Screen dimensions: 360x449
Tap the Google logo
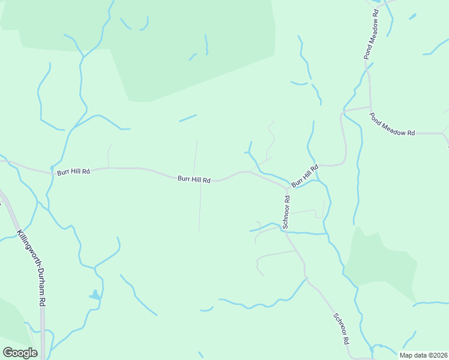coord(20,353)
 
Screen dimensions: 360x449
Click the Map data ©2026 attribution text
coord(424,355)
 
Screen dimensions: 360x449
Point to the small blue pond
coord(94,295)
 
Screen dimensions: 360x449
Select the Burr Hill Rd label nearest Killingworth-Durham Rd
coord(73,172)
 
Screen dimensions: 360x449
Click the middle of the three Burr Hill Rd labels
coord(194,179)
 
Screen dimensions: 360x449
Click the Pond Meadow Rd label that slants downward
coord(393,125)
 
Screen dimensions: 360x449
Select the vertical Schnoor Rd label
coord(287,212)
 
